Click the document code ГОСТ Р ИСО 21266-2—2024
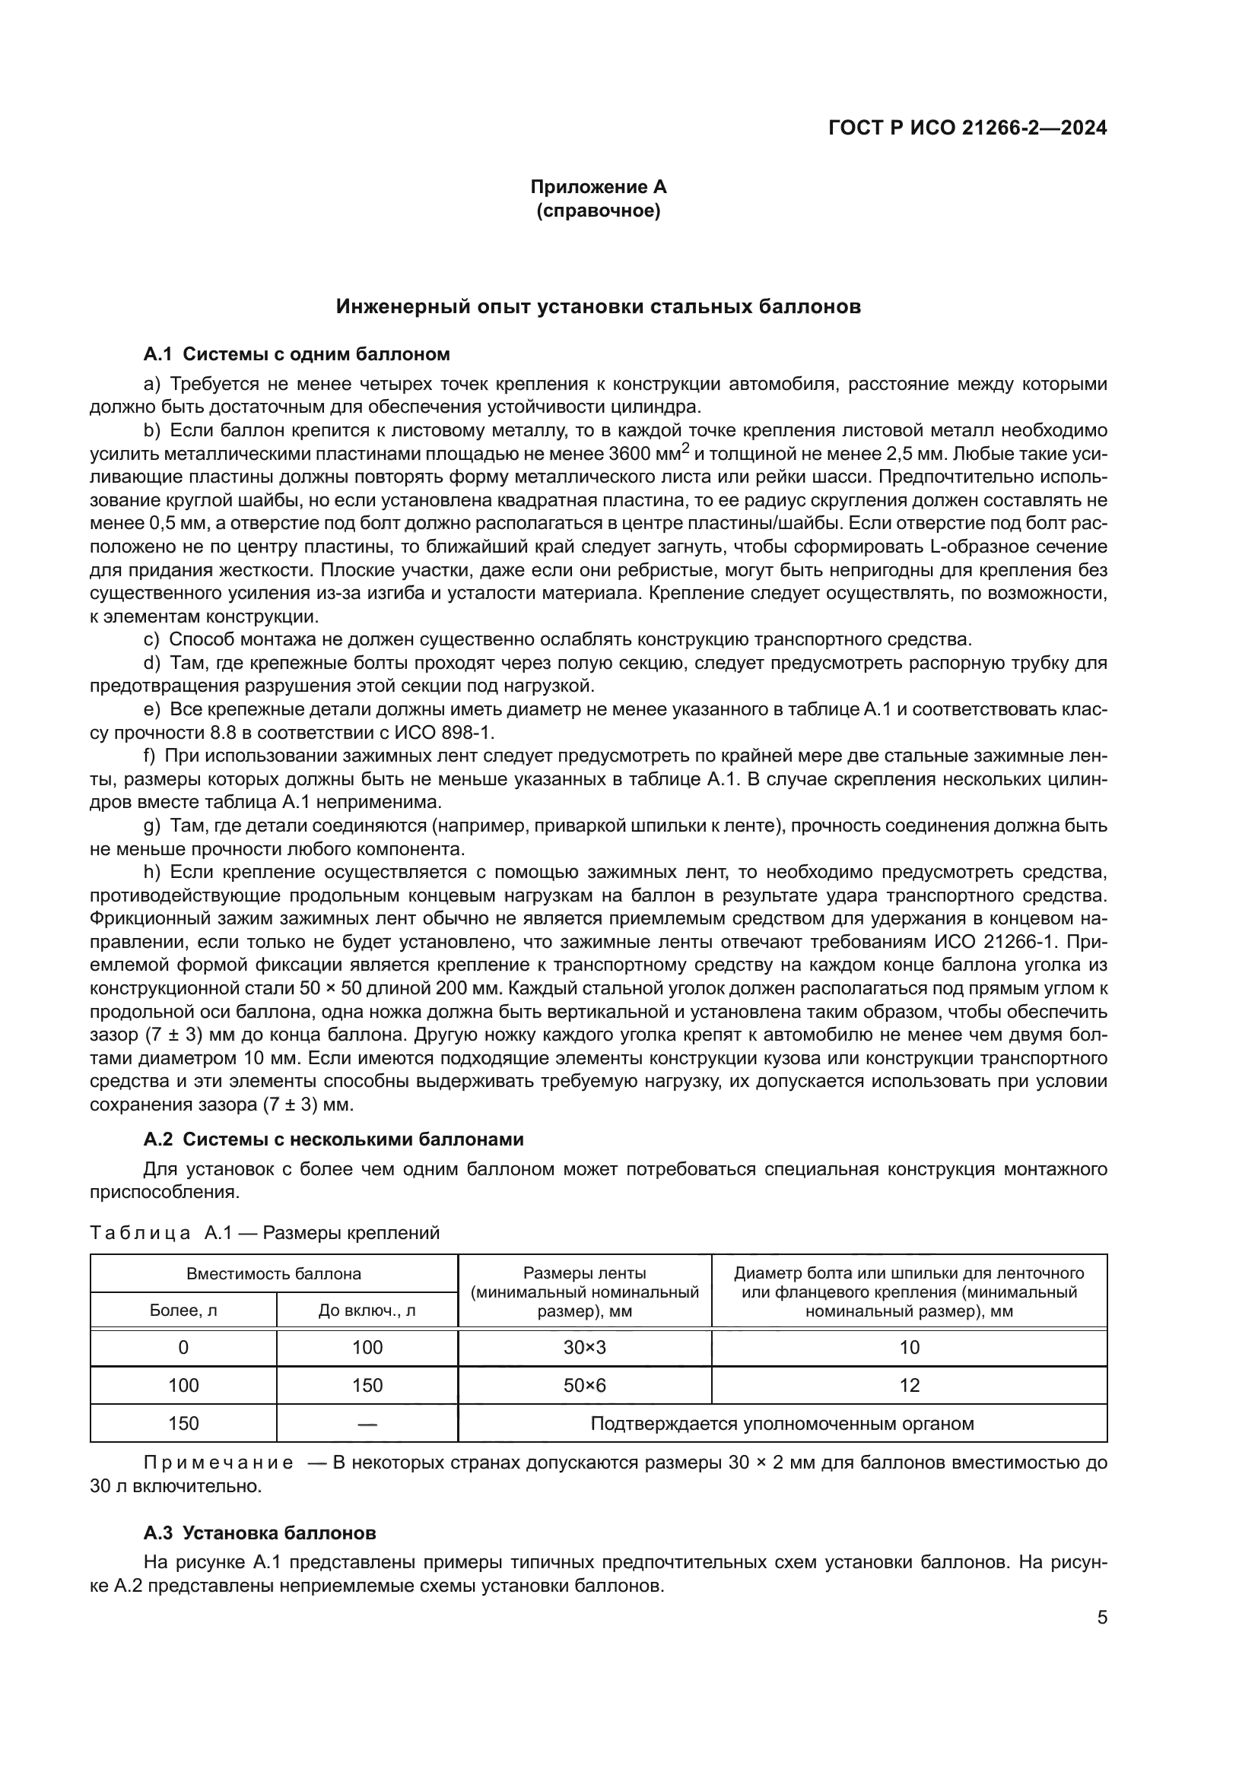click(967, 128)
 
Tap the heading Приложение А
click(598, 187)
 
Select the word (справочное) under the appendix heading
click(598, 211)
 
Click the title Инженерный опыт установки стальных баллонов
click(598, 306)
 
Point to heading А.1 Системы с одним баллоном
click(297, 355)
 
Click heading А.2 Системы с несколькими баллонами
click(333, 1139)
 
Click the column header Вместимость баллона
click(275, 1274)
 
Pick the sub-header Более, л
click(183, 1311)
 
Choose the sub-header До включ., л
click(367, 1311)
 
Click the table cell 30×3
click(585, 1348)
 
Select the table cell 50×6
click(585, 1386)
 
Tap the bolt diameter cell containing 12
click(909, 1386)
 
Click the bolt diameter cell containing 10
click(909, 1348)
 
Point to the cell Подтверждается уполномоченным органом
click(783, 1423)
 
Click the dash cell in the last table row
click(367, 1423)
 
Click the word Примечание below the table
click(218, 1463)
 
